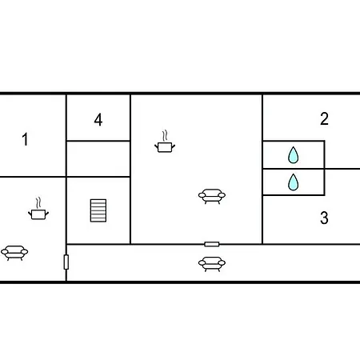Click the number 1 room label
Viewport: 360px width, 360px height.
(26, 139)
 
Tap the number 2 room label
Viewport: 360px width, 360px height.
(324, 118)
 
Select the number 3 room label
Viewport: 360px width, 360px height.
(324, 218)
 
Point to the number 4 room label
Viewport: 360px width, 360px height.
(98, 120)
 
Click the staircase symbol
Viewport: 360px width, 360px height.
(98, 210)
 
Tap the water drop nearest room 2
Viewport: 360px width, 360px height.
(294, 155)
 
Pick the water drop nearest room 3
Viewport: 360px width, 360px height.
(294, 182)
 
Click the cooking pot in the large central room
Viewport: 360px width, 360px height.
(165, 147)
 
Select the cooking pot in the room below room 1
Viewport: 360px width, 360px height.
(38, 214)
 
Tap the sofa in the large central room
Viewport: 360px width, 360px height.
(212, 197)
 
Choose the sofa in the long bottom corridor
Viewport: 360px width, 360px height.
(212, 264)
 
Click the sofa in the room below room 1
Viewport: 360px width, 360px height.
(14, 253)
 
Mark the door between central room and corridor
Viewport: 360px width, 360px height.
(212, 244)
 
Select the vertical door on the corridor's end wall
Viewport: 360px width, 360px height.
(66, 262)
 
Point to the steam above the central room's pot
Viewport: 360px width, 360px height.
(166, 136)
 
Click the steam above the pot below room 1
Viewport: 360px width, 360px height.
(38, 203)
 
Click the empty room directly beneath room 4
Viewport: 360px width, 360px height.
(98, 158)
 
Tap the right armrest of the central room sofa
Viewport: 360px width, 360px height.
(222, 195)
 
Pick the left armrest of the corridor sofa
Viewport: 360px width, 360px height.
(202, 263)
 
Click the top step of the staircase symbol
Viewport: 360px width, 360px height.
(98, 201)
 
